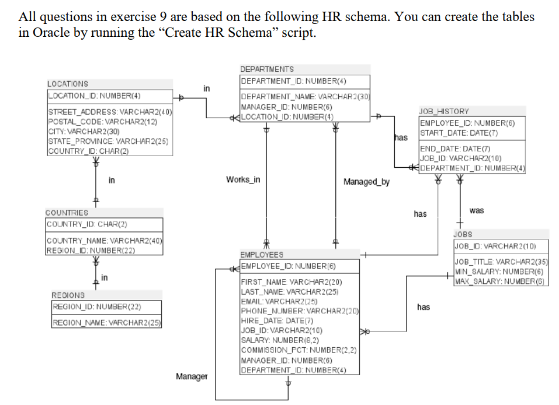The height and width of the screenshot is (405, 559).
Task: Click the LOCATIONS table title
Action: point(68,84)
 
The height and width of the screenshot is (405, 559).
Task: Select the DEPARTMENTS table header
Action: point(267,69)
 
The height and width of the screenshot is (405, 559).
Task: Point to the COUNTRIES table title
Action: point(67,213)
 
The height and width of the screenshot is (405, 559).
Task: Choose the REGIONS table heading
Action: point(68,296)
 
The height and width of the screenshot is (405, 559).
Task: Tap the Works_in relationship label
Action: point(242,179)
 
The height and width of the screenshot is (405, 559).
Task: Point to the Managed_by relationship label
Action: point(366,182)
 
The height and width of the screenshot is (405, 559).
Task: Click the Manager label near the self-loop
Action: point(192,376)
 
